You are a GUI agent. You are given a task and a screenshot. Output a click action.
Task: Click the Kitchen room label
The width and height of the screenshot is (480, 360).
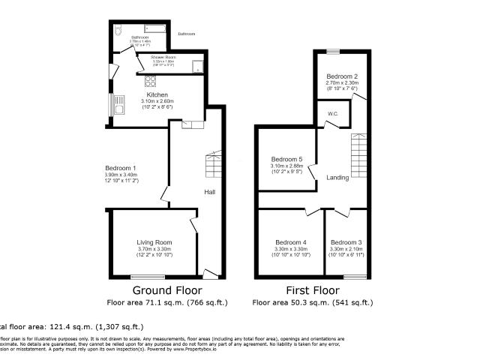(157, 95)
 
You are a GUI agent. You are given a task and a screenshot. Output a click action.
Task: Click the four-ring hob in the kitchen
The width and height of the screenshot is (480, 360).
(151, 81)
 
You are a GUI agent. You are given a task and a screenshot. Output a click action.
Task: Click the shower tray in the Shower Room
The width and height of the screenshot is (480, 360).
(198, 66)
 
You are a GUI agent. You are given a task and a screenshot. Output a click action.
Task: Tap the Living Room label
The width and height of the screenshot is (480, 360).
(154, 242)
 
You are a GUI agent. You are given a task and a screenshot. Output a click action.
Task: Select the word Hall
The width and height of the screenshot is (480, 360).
(210, 193)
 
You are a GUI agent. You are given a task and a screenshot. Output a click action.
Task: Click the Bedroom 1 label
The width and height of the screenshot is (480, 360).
(121, 167)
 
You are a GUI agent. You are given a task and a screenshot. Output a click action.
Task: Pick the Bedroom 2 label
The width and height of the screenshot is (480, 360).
(341, 76)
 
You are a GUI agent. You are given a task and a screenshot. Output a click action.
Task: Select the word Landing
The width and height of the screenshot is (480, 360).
(337, 178)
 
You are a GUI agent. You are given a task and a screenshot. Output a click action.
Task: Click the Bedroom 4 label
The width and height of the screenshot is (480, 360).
(291, 242)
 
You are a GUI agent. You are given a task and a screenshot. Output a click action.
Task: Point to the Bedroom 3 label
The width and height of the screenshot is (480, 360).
(346, 242)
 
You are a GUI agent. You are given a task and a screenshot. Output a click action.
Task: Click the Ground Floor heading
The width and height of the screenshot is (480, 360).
(167, 289)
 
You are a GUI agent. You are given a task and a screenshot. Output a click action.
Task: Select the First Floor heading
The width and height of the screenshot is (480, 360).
(312, 289)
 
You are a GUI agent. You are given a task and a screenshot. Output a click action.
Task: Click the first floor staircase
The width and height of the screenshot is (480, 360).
(359, 158)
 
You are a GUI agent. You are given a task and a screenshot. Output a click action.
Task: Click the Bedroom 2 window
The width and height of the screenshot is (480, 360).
(332, 51)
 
